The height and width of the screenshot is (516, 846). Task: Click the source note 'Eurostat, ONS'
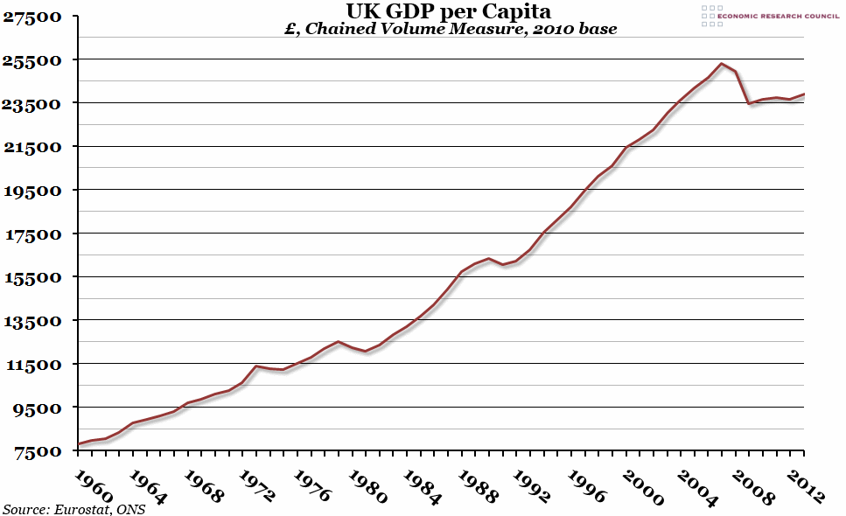tap(73, 509)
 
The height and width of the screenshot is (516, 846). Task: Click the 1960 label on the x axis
tap(91, 485)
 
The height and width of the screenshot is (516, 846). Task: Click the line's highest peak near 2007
tap(721, 63)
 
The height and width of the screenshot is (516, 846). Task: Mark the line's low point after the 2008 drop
tap(749, 104)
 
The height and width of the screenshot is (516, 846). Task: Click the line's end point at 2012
tap(803, 94)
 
